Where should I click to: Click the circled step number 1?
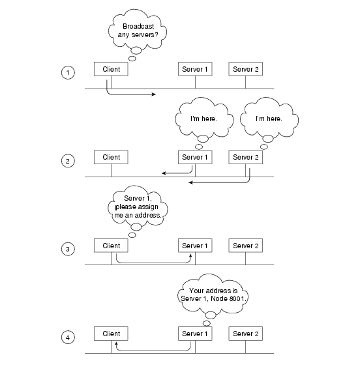(68, 72)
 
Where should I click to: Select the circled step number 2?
(68, 161)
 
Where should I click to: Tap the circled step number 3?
(68, 249)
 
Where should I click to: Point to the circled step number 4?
(68, 337)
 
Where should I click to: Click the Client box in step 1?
(111, 69)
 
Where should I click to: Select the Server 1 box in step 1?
(195, 69)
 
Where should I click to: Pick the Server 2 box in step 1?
(245, 69)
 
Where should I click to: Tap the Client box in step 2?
(111, 157)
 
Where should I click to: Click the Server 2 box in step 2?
(245, 157)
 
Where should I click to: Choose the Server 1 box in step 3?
(195, 246)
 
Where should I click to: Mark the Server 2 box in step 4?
(245, 334)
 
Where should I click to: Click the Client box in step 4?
(111, 334)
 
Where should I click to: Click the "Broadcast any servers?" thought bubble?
(138, 30)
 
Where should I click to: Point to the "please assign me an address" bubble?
(138, 206)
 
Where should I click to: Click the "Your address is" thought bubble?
(213, 294)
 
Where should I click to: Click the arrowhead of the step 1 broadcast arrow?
(154, 94)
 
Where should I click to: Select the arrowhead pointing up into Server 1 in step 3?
(190, 256)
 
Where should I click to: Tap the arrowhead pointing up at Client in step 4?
(116, 344)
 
